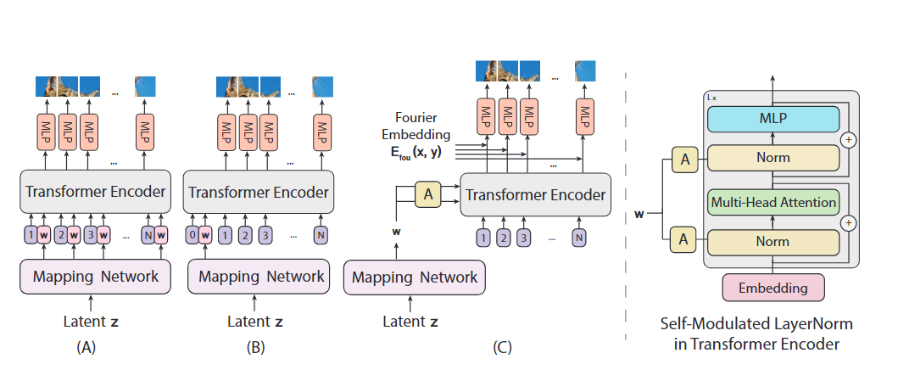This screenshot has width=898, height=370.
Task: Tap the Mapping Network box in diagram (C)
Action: (x=415, y=277)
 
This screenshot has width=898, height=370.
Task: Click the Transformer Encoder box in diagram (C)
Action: (x=535, y=194)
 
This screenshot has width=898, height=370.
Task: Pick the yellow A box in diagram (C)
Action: (x=428, y=194)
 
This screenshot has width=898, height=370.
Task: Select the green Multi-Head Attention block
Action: (x=773, y=202)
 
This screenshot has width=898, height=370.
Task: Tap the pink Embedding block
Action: (x=773, y=288)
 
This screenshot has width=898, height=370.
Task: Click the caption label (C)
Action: (x=502, y=347)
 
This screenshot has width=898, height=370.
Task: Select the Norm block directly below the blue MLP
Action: (x=773, y=157)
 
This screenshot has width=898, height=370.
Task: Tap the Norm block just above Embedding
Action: (x=773, y=241)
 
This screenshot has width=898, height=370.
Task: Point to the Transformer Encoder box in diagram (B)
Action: (x=259, y=192)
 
